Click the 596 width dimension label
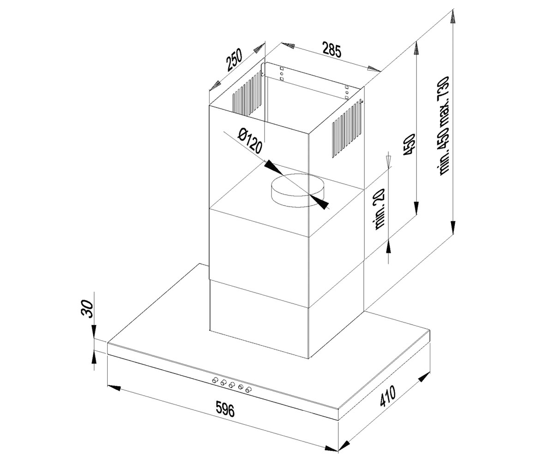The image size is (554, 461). tap(225, 409)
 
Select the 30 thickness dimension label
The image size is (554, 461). tap(87, 309)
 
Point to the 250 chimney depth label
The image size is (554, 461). tap(234, 60)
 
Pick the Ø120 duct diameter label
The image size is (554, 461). tap(250, 141)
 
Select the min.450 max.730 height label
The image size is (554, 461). tap(443, 126)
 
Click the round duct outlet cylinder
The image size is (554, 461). tap(297, 190)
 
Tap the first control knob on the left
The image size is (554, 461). tap(215, 380)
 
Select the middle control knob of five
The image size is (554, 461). tap(232, 384)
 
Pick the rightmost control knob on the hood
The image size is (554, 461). tap(249, 390)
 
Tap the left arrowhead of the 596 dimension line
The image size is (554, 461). tap(114, 387)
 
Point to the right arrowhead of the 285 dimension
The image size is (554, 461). tap(374, 69)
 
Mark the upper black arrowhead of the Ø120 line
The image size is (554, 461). tap(274, 168)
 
